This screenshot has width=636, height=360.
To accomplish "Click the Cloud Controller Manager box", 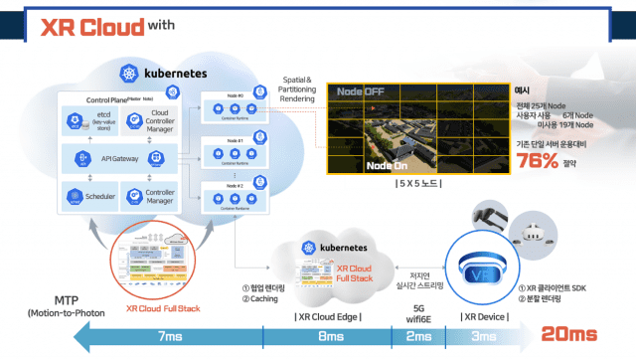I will point(148,120).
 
